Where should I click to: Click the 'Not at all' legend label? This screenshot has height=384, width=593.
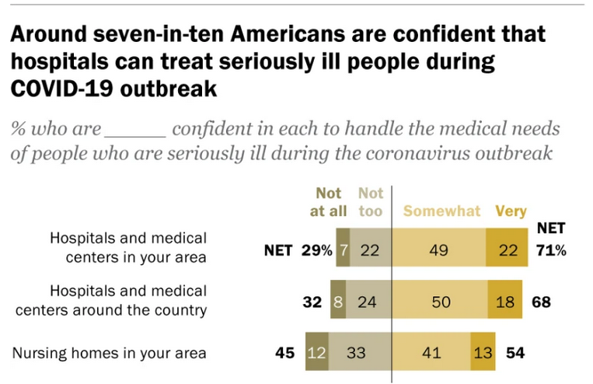(x=329, y=202)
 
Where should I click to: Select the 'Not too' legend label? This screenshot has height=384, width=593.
(x=371, y=202)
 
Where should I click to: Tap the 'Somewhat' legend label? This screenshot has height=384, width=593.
(x=441, y=211)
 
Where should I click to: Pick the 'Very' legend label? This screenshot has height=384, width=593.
(x=511, y=211)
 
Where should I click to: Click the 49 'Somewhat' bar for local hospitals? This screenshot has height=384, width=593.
(x=439, y=250)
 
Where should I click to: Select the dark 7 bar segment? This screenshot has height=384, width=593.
(x=343, y=250)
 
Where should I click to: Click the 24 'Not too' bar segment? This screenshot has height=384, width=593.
(x=368, y=301)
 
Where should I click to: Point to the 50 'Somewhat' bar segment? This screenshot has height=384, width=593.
(x=440, y=301)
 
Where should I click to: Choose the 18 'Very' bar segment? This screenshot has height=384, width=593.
(x=505, y=301)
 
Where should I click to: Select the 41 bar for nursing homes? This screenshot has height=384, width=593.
(x=431, y=353)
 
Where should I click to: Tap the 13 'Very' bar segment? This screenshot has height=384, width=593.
(x=483, y=353)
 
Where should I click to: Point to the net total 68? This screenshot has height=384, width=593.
(x=541, y=301)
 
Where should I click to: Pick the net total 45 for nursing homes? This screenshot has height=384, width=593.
(x=284, y=353)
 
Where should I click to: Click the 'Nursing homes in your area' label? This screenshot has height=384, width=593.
(x=110, y=353)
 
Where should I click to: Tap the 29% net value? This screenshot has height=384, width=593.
(x=318, y=250)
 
